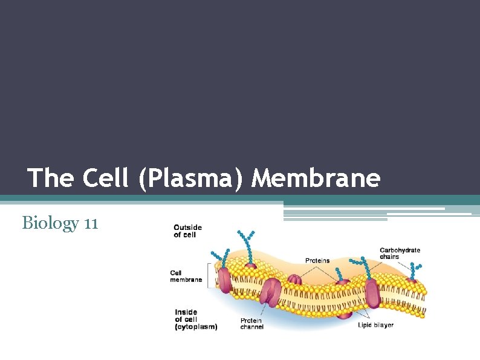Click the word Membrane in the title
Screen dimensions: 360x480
(316, 178)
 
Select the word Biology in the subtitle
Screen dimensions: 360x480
(50, 223)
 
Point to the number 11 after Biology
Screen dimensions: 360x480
(91, 223)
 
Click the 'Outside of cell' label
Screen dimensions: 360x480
(187, 231)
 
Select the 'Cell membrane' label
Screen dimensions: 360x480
(186, 277)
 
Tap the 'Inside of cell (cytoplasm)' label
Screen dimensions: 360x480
(195, 319)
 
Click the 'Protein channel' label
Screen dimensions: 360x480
(251, 324)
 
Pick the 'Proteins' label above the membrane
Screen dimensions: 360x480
(317, 261)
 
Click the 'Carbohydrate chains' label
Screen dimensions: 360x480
(400, 253)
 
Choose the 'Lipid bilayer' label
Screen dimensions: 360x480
(375, 325)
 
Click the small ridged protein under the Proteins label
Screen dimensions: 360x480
(294, 280)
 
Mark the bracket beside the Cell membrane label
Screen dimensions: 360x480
(208, 275)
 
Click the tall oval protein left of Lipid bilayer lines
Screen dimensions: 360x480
(372, 293)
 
